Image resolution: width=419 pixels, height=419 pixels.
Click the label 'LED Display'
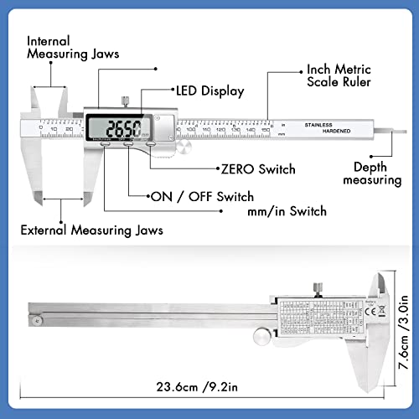pos(209,90)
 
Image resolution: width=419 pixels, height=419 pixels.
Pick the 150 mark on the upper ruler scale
pos(266,132)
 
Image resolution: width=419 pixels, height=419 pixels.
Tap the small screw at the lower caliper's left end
pos(38,319)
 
